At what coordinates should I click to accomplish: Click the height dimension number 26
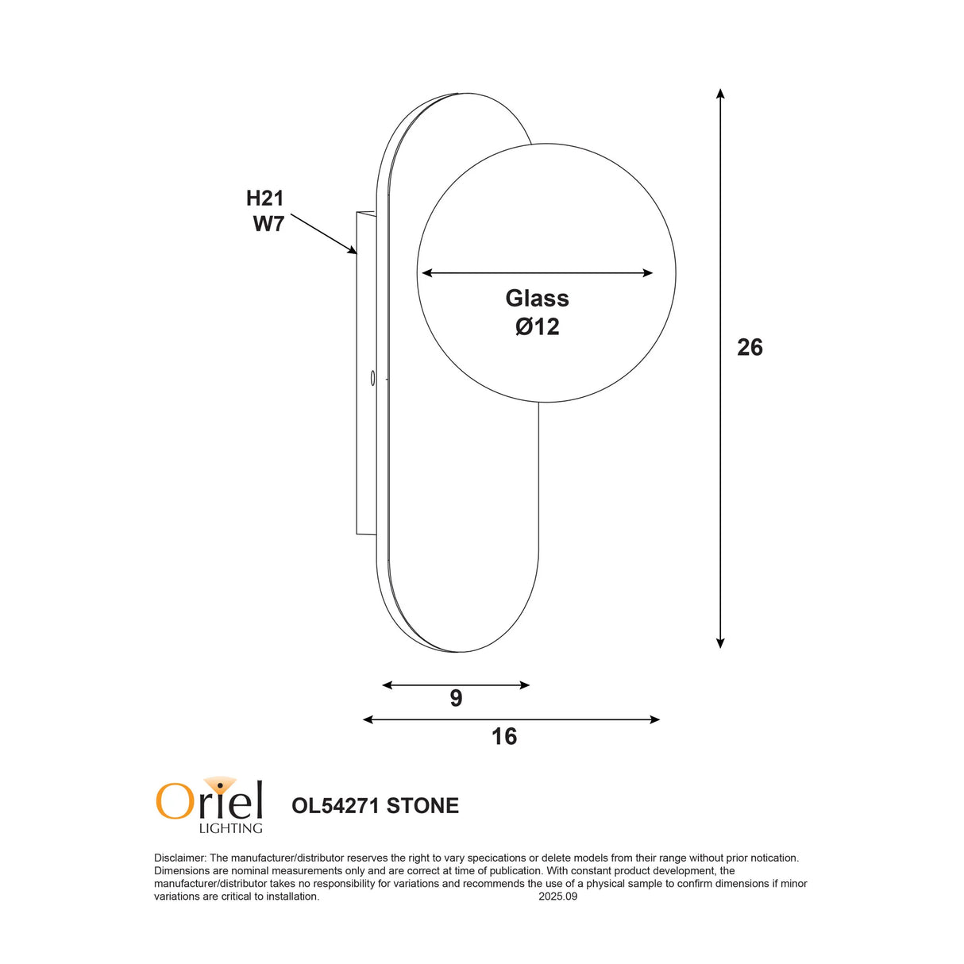pyautogui.click(x=750, y=347)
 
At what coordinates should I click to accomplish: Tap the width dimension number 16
pyautogui.click(x=504, y=736)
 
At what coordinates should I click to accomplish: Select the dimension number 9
pyautogui.click(x=456, y=698)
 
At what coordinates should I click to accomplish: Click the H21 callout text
pyautogui.click(x=264, y=198)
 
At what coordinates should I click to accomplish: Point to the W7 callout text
pyautogui.click(x=268, y=224)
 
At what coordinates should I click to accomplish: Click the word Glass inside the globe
pyautogui.click(x=537, y=298)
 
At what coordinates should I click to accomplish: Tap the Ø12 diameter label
pyautogui.click(x=537, y=326)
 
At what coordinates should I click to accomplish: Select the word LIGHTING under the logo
pyautogui.click(x=230, y=828)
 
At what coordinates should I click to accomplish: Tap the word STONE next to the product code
pyautogui.click(x=422, y=805)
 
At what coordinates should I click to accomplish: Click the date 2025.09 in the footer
pyautogui.click(x=557, y=897)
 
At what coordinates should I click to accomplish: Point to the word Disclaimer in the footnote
pyautogui.click(x=179, y=858)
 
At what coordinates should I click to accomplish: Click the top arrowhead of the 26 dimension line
pyautogui.click(x=720, y=93)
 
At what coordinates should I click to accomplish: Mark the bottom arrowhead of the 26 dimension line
pyautogui.click(x=720, y=643)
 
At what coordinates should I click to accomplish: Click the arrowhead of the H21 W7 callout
pyautogui.click(x=353, y=251)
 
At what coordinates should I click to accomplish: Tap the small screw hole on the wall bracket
pyautogui.click(x=372, y=378)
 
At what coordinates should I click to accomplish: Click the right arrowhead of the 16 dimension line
pyautogui.click(x=655, y=719)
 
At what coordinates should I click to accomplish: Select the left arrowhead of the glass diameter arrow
pyautogui.click(x=426, y=273)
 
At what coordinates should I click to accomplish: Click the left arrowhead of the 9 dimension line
pyautogui.click(x=387, y=684)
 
